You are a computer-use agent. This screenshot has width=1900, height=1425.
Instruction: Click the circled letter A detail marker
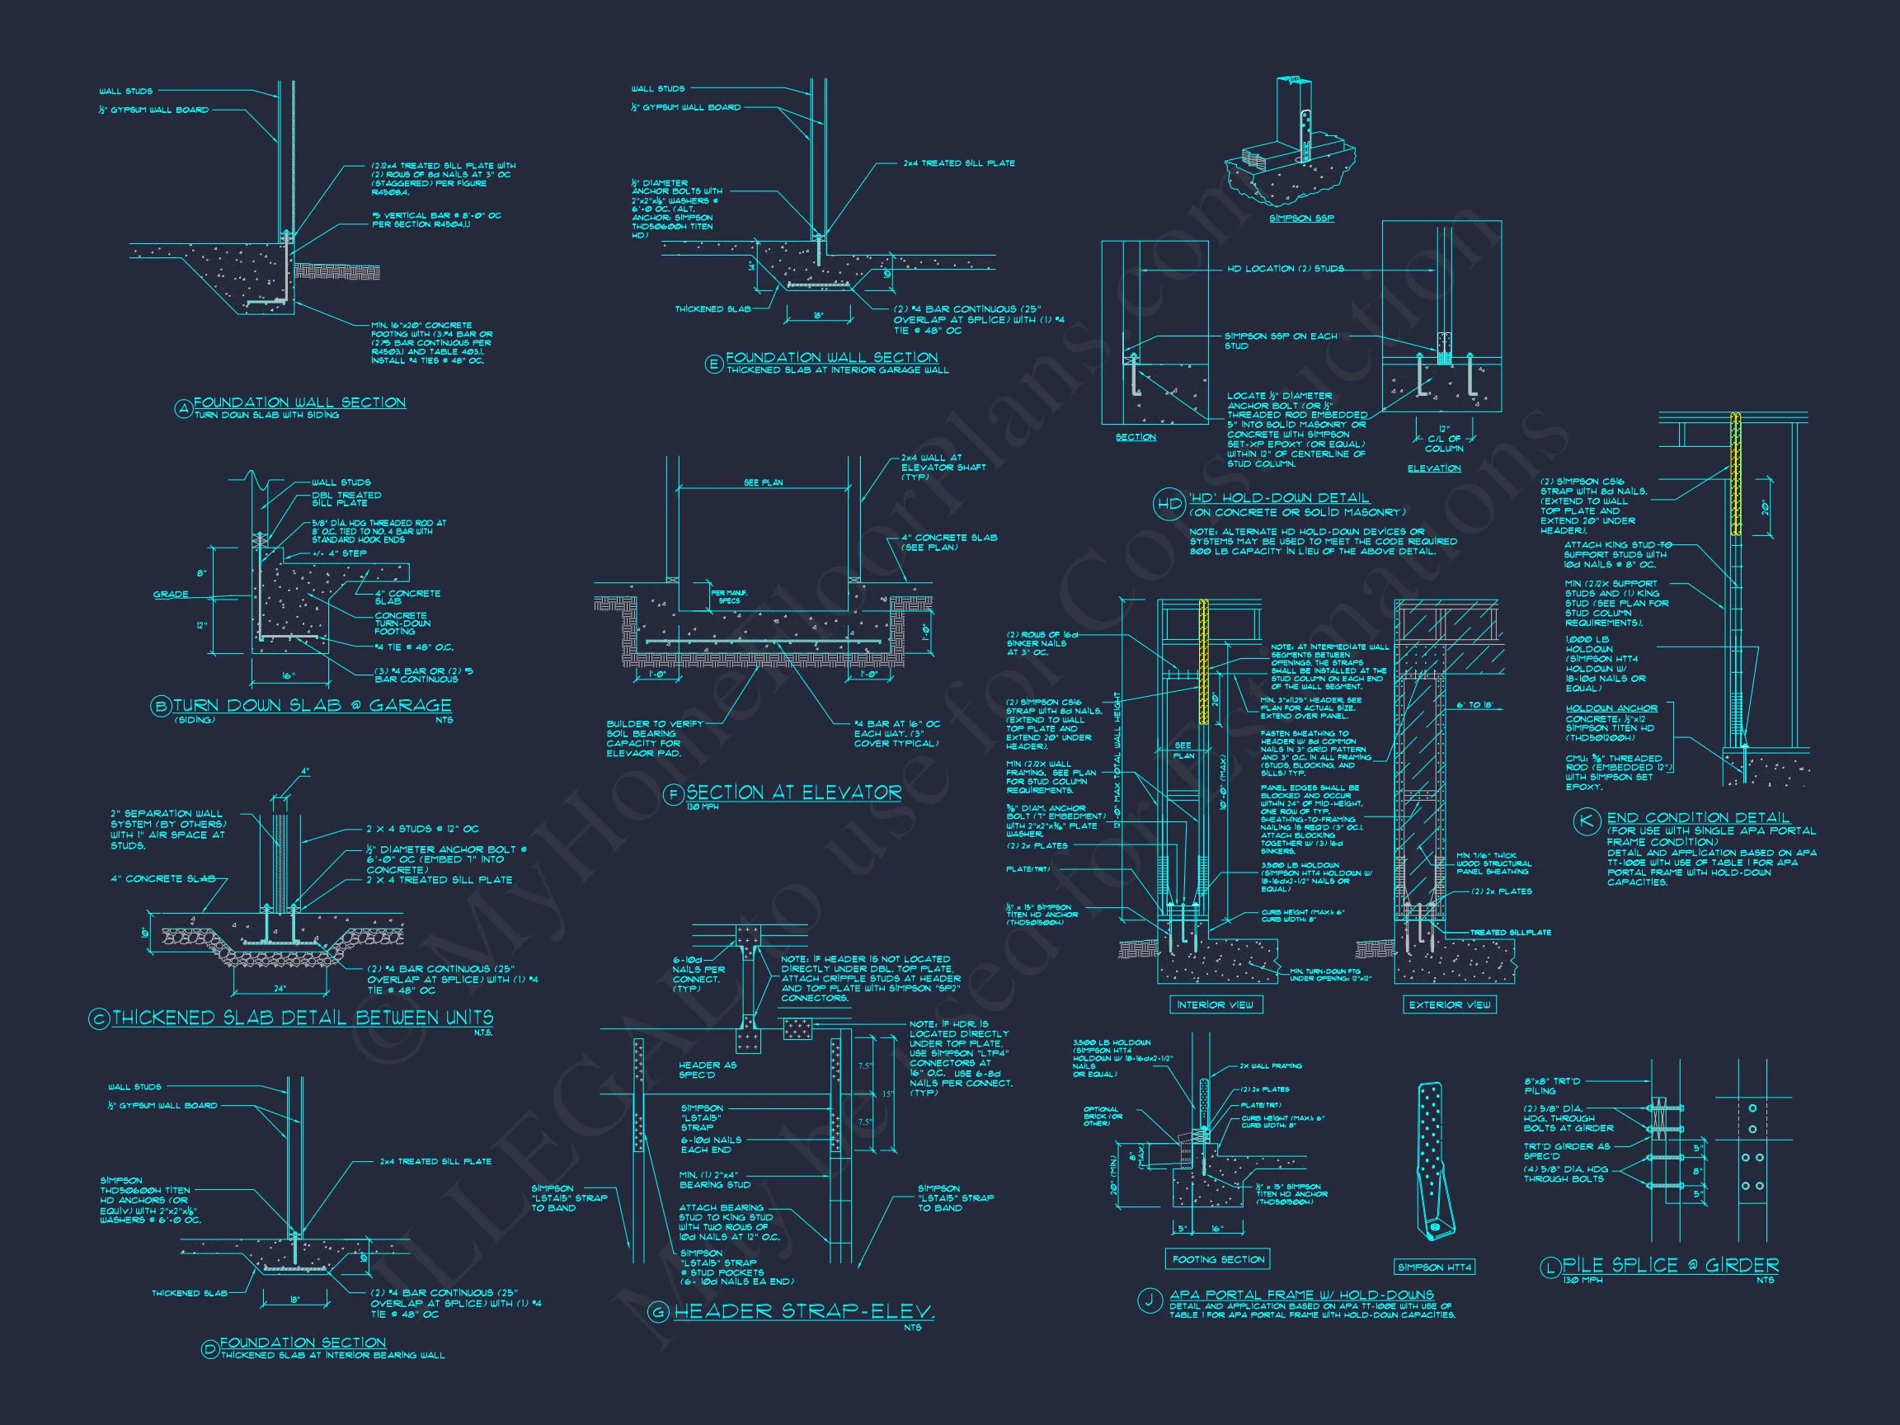point(183,410)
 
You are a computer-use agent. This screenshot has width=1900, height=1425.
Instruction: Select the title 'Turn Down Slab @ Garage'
point(312,705)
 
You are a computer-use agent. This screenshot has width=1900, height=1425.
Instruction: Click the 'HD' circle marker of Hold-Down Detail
point(1169,504)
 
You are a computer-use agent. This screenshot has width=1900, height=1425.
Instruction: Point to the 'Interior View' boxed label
point(1215,1004)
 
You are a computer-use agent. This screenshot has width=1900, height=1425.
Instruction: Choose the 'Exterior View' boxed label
point(1450,1004)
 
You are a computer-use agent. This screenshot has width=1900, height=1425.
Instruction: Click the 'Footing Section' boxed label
point(1219,1259)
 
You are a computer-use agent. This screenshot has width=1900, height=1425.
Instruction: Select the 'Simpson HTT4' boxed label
point(1433,1267)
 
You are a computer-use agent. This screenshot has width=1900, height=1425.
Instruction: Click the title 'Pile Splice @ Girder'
point(1670,1265)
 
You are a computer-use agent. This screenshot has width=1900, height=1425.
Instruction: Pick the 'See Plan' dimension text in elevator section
point(763,482)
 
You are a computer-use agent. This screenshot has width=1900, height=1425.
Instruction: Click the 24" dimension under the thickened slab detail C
point(280,965)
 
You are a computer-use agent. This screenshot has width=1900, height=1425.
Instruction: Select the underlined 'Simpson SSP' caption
point(1301,219)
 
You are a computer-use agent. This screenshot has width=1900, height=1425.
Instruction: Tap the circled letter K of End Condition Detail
point(1585,821)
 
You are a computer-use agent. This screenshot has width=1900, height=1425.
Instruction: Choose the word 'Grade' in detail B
point(171,595)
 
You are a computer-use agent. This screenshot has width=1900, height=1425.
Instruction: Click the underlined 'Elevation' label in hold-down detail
point(1433,468)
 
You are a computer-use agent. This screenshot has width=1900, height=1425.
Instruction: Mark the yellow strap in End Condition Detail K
point(1736,475)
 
